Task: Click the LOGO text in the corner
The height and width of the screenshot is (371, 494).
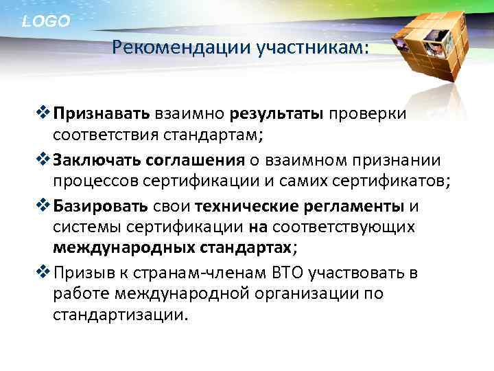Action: tap(46, 21)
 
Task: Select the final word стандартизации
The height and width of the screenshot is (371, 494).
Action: tap(118, 315)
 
